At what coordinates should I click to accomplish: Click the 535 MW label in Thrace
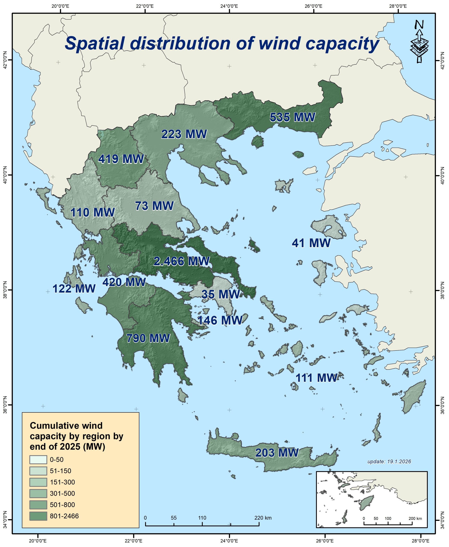(292, 117)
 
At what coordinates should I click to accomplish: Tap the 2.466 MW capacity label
(181, 261)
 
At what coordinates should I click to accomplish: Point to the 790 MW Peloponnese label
(148, 338)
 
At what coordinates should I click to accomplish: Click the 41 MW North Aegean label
(311, 243)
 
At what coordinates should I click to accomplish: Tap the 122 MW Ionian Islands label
(74, 289)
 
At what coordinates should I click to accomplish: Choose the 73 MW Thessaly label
(154, 206)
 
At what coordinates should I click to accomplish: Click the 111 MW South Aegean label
(316, 378)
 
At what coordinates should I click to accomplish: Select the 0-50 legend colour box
(38, 460)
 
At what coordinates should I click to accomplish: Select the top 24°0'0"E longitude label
(229, 6)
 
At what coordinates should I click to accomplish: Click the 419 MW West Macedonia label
(121, 159)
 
